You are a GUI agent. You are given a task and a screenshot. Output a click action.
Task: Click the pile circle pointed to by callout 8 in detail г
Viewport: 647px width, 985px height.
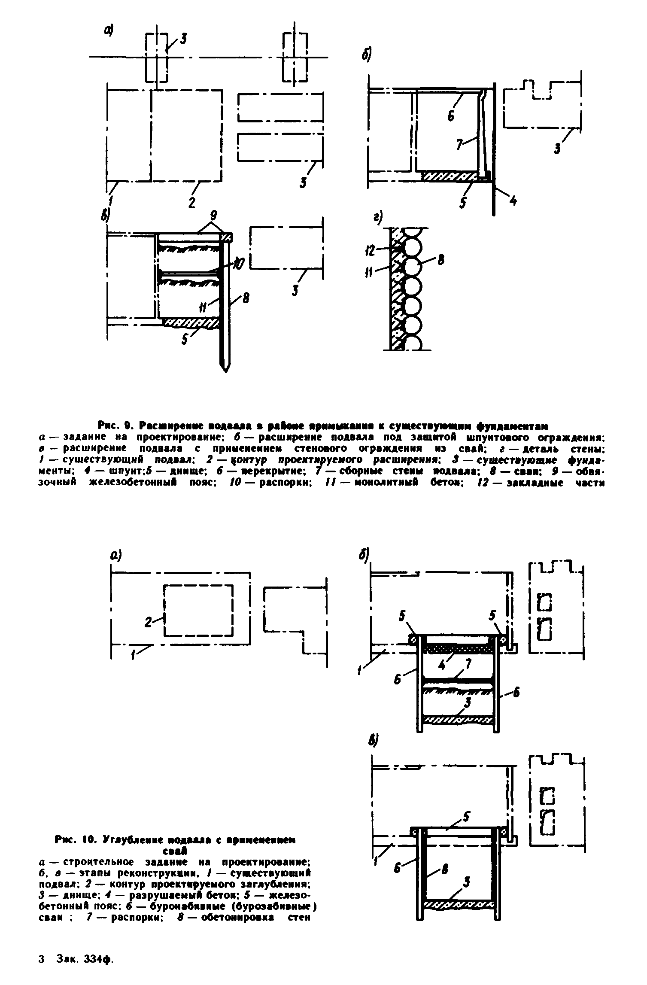[412, 268]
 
